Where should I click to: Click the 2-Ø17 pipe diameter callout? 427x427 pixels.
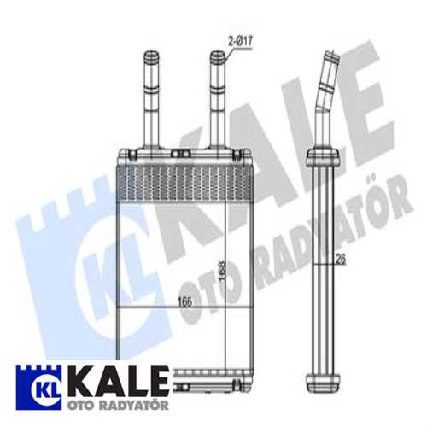242,41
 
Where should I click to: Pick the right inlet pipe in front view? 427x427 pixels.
217,102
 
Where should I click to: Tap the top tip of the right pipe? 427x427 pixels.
217,57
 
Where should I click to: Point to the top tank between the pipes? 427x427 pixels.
182,156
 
